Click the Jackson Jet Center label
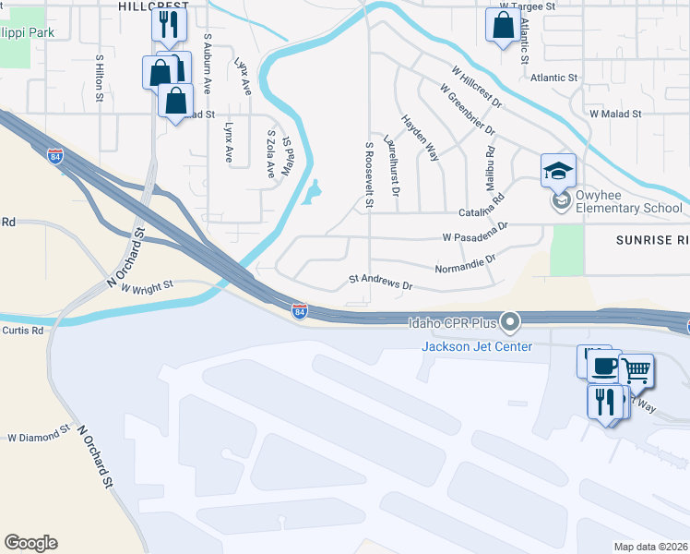477,346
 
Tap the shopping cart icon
636,370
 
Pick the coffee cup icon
603,366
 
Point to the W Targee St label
528,6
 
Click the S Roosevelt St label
369,174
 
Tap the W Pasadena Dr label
476,232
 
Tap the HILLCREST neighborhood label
154,6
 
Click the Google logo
30,543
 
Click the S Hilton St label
99,75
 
